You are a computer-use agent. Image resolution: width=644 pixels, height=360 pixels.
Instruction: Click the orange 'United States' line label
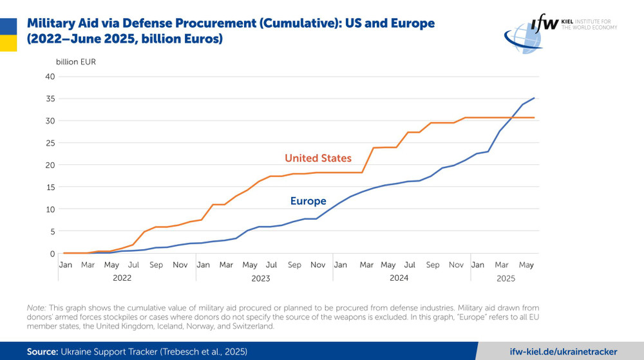pyautogui.click(x=318, y=158)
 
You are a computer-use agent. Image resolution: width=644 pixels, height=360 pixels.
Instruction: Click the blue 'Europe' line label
pyautogui.click(x=308, y=202)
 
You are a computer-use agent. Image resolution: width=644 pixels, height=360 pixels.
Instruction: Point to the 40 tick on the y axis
pyautogui.click(x=50, y=77)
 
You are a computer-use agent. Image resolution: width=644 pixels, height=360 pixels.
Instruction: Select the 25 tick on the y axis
pyautogui.click(x=50, y=143)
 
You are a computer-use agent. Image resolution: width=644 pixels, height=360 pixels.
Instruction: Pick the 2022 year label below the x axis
pyautogui.click(x=122, y=278)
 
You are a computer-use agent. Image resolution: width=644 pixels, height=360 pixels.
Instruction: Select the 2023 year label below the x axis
pyautogui.click(x=260, y=278)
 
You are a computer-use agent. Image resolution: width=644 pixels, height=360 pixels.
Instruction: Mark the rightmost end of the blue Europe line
pyautogui.click(x=535, y=98)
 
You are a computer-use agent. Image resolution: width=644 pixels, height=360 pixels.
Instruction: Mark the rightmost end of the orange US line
pyautogui.click(x=535, y=118)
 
